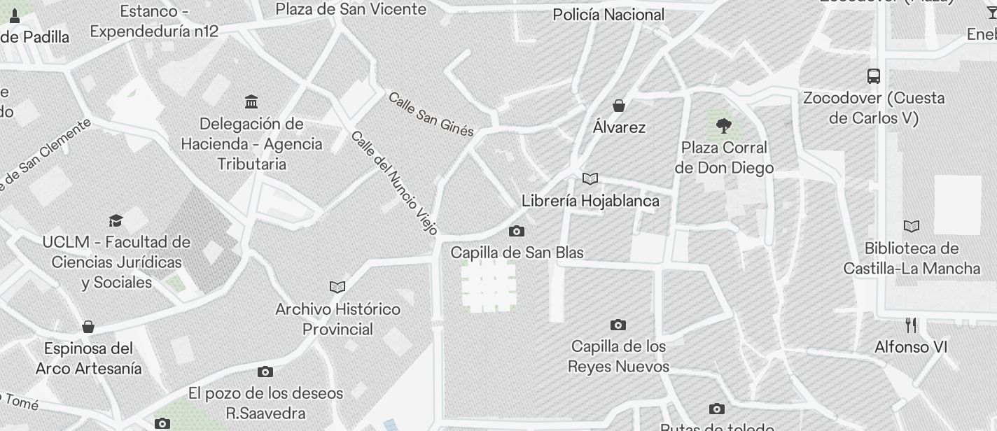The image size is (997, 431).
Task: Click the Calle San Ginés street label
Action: tap(431, 114)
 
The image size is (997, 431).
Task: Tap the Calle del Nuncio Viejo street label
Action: tap(394, 182)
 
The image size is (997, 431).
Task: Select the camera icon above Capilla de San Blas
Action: tap(517, 231)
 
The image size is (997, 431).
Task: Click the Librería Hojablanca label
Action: tap(590, 201)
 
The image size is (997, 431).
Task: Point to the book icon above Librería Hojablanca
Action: tap(590, 179)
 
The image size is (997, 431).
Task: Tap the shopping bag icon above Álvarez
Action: tap(619, 106)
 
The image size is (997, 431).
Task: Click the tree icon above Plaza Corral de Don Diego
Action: tap(724, 126)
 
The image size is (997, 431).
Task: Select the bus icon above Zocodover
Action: tap(874, 76)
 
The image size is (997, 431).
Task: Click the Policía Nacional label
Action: tap(608, 15)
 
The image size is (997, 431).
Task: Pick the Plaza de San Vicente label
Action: tap(351, 9)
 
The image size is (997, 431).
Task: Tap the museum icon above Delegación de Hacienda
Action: tap(251, 102)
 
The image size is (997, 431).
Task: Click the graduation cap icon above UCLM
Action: tap(116, 220)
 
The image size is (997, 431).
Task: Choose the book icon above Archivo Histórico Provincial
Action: tap(337, 287)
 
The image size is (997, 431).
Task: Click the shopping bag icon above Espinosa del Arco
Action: tap(88, 327)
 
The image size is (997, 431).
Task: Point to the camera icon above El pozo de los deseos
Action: tap(265, 372)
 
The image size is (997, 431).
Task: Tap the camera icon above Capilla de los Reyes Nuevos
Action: tap(618, 325)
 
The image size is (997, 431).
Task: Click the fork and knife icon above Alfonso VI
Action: tap(911, 325)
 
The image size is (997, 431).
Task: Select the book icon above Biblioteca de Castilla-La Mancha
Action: tap(911, 226)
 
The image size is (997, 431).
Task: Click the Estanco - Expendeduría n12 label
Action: tap(154, 21)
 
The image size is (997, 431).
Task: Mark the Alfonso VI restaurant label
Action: tap(911, 347)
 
